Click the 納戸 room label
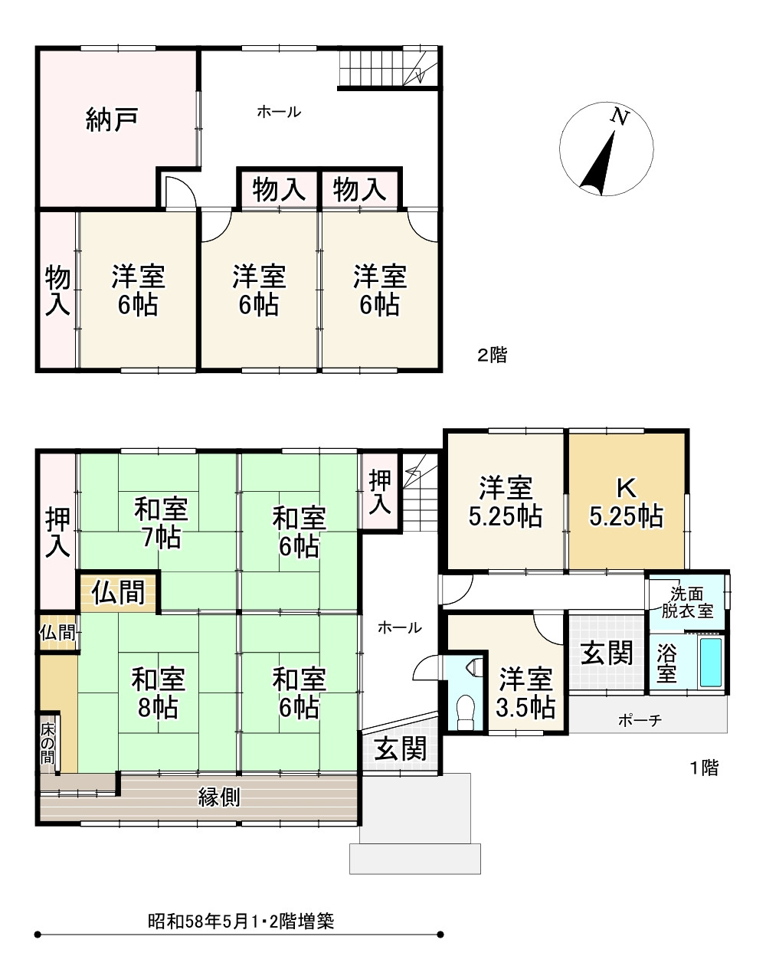113,120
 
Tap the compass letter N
620,116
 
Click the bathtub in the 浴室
711,662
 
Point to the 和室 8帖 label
158,693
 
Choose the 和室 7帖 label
162,522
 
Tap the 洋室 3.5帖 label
525,693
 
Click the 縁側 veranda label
219,797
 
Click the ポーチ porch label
639,721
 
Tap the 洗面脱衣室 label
687,601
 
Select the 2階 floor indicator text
493,355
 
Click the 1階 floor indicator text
704,768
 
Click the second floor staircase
388,67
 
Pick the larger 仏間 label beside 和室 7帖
119,593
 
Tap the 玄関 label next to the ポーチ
607,653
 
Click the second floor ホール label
279,113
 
